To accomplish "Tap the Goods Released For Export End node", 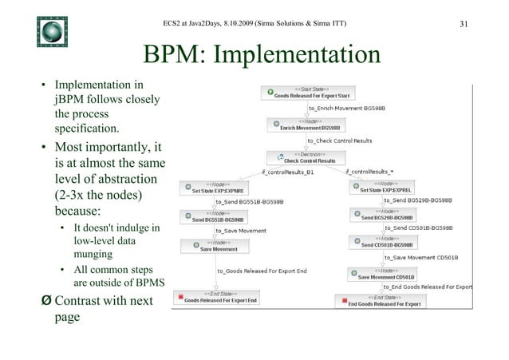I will [221, 299].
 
